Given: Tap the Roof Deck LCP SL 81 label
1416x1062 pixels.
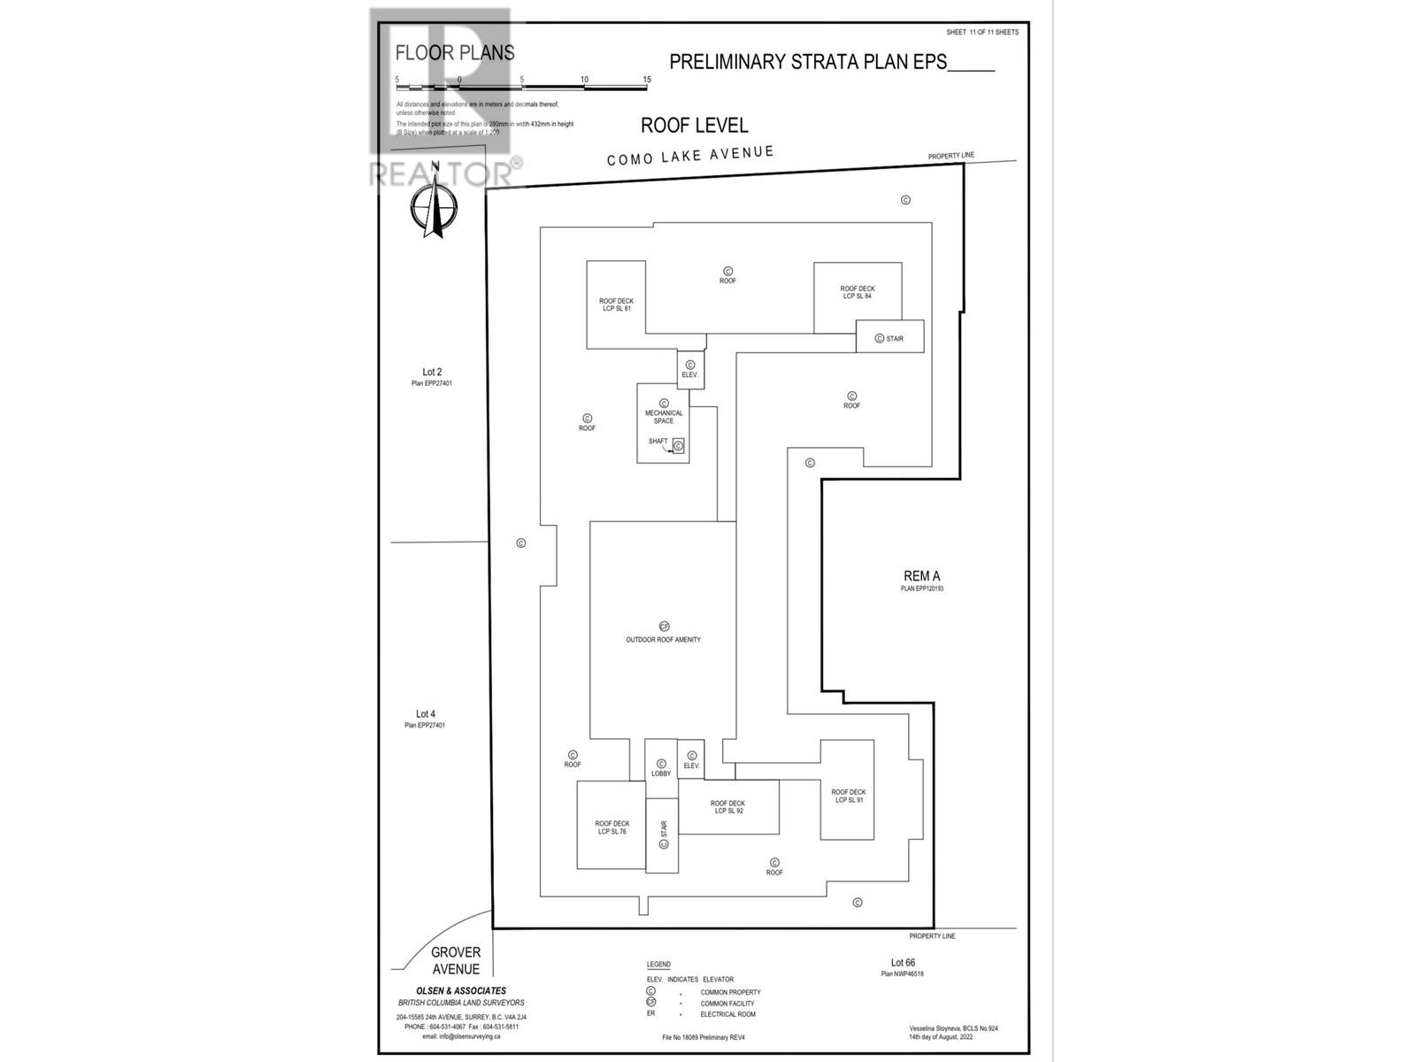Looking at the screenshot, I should (x=616, y=304).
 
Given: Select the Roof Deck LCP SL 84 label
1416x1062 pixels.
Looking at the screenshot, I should (x=857, y=292).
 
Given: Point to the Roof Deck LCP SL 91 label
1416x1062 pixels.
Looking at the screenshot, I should (x=848, y=796).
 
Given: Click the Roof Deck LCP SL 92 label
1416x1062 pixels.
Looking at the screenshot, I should (x=727, y=807).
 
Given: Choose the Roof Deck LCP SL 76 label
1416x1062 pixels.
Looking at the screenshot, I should (x=612, y=827).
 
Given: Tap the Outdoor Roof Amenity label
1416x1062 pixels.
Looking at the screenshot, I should (x=663, y=639).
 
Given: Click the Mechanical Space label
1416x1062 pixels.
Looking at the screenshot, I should (x=664, y=417).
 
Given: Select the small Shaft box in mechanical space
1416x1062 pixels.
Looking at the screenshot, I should (x=678, y=446).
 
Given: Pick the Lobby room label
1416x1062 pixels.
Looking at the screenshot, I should (x=661, y=773).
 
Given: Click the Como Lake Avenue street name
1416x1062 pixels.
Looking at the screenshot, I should (x=690, y=156).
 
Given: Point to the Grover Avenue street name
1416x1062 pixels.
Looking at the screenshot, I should (x=456, y=960).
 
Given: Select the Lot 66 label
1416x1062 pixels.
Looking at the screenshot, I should (x=903, y=963).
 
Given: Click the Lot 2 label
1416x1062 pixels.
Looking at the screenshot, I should (x=432, y=373).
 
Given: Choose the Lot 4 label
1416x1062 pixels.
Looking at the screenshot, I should (x=426, y=714).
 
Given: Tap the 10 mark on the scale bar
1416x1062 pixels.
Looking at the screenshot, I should (x=584, y=80).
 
